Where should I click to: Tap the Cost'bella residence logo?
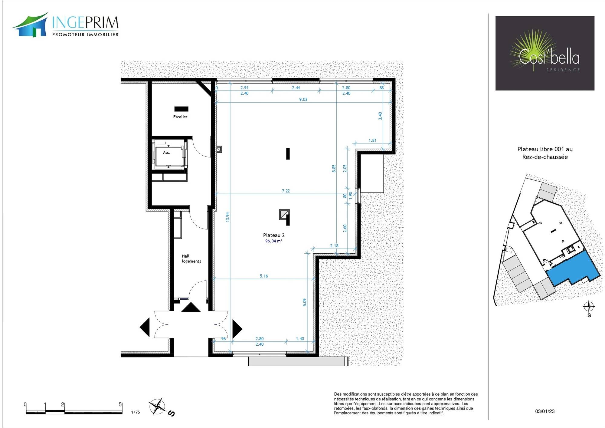(x=545, y=53)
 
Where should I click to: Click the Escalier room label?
(x=181, y=117)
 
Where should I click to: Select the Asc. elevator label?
(x=167, y=153)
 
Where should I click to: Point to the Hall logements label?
(x=191, y=258)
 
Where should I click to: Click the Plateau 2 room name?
(x=274, y=235)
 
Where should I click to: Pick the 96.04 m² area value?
(x=274, y=241)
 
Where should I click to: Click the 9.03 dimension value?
(x=303, y=99)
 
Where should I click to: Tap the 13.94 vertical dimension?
(x=228, y=217)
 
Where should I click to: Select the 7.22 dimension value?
(x=286, y=191)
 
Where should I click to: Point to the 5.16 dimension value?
(x=264, y=276)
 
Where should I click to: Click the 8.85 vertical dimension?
(x=334, y=169)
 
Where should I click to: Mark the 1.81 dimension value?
(x=372, y=140)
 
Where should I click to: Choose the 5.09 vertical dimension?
(x=305, y=302)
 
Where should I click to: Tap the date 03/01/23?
(x=545, y=411)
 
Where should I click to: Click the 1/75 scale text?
(x=136, y=412)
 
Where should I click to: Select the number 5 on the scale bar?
(x=120, y=404)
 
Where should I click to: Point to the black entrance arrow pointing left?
(x=145, y=327)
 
